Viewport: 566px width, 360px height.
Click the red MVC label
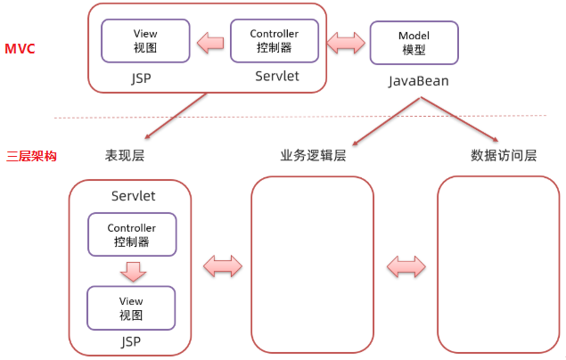pyautogui.click(x=21, y=48)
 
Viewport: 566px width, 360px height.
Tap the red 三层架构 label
pyautogui.click(x=32, y=155)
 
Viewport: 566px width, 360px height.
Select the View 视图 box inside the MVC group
pyautogui.click(x=145, y=41)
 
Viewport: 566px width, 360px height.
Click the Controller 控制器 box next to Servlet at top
pyautogui.click(x=274, y=41)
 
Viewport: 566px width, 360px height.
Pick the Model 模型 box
pyautogui.click(x=414, y=43)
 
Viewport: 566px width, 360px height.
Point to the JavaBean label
pyautogui.click(x=418, y=81)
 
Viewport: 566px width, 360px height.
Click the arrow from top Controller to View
pyautogui.click(x=209, y=42)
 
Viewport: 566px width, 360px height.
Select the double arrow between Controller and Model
pyautogui.click(x=346, y=42)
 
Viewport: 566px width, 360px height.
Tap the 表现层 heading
pyautogui.click(x=125, y=155)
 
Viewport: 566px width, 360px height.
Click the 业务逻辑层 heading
pyautogui.click(x=313, y=155)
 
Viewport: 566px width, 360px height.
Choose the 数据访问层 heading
pyautogui.click(x=504, y=155)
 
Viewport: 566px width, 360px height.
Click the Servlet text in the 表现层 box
pyautogui.click(x=134, y=195)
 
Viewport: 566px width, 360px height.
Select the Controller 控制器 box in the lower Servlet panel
pyautogui.click(x=131, y=235)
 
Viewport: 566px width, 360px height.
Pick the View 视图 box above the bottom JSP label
pyautogui.click(x=131, y=308)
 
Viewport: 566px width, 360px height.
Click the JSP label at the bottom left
pyautogui.click(x=131, y=341)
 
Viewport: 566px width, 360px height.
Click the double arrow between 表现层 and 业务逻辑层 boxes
pyautogui.click(x=223, y=266)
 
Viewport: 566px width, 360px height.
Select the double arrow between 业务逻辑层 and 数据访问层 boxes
pyautogui.click(x=406, y=266)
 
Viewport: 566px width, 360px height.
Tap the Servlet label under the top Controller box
pyautogui.click(x=277, y=77)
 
